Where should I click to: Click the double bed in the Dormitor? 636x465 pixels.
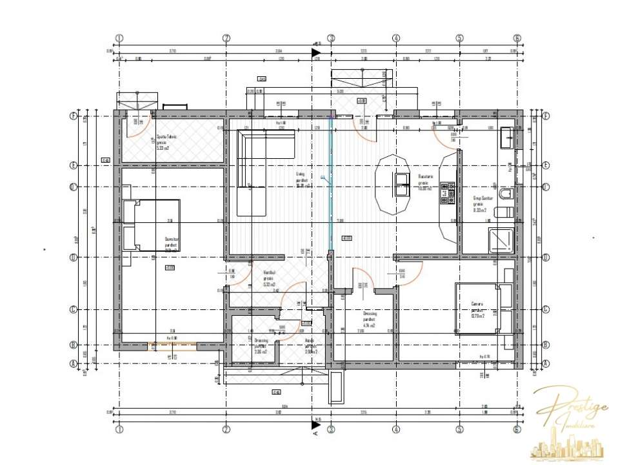152,224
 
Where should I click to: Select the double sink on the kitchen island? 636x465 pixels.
402,185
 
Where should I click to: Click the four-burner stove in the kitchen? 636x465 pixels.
448,192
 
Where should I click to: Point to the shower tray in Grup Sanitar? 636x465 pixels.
501,240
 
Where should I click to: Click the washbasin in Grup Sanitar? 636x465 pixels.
507,138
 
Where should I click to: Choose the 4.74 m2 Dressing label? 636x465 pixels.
369,319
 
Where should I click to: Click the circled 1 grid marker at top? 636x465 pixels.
119,38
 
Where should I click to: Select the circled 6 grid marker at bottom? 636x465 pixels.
517,428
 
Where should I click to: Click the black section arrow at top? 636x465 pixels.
316,52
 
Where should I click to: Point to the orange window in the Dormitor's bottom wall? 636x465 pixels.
173,345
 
